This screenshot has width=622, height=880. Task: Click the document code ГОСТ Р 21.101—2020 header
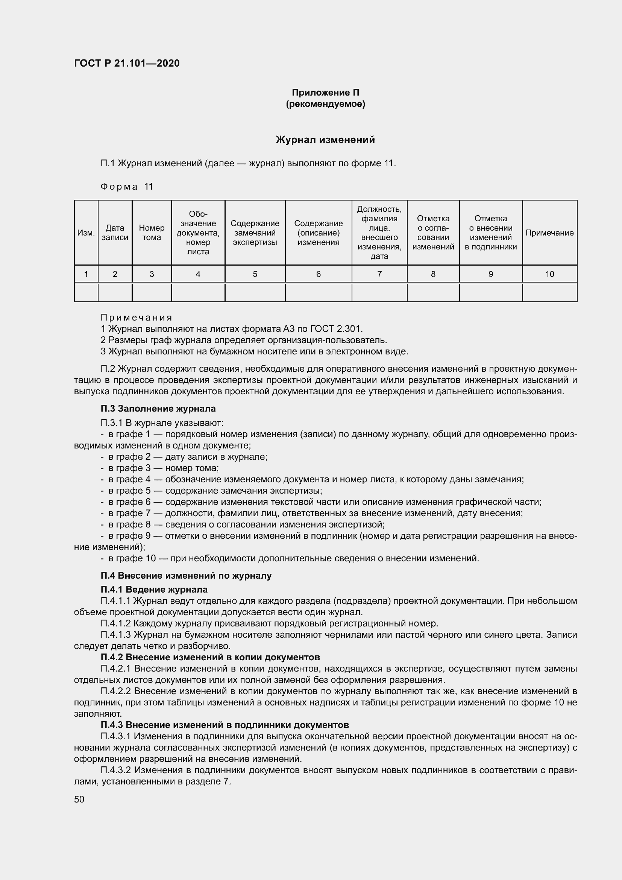click(127, 63)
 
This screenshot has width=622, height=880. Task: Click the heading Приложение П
click(325, 93)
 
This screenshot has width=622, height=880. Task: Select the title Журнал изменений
click(325, 140)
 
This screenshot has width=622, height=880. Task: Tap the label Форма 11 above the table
click(126, 187)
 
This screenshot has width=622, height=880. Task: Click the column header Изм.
click(86, 233)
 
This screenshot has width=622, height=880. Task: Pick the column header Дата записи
click(115, 233)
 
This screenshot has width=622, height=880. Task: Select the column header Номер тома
click(152, 233)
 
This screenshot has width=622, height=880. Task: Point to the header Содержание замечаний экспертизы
click(255, 233)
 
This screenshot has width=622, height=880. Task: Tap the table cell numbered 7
click(379, 274)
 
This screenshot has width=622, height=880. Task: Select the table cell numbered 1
click(86, 274)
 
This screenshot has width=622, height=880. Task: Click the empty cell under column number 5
click(255, 293)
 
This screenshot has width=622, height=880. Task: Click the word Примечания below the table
click(137, 318)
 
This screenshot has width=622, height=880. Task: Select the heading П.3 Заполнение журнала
click(158, 409)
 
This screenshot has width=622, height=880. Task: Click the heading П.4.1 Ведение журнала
click(154, 590)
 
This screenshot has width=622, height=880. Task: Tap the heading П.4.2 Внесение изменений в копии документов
click(210, 657)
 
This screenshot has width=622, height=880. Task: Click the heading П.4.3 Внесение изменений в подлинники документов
click(225, 725)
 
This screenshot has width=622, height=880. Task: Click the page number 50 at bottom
click(79, 799)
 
